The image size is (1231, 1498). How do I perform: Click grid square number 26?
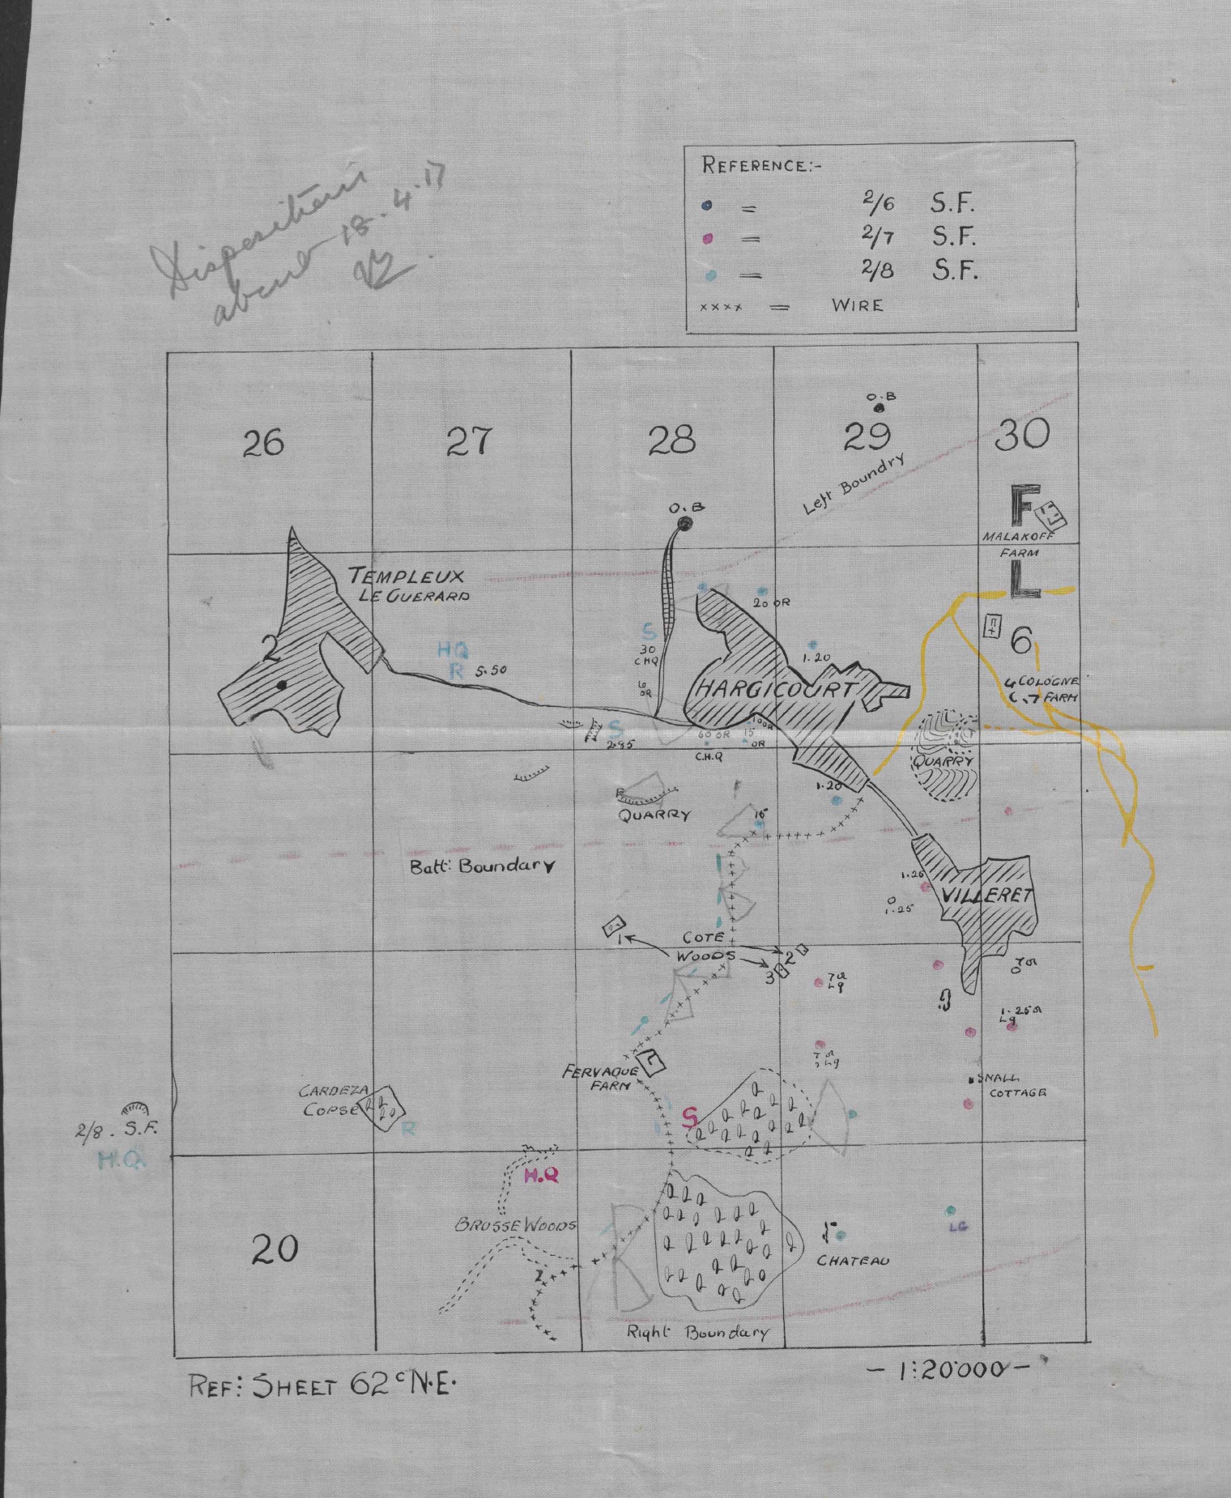pyautogui.click(x=263, y=443)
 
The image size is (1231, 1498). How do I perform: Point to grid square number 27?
pyautogui.click(x=468, y=441)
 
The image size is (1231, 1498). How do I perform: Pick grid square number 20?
pyautogui.click(x=275, y=1249)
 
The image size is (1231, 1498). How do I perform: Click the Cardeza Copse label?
pyautogui.click(x=329, y=1100)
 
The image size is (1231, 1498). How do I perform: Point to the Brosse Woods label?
pyautogui.click(x=515, y=1225)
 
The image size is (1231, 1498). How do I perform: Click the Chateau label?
pyautogui.click(x=852, y=1261)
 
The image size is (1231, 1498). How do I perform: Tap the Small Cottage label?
pyautogui.click(x=1012, y=1085)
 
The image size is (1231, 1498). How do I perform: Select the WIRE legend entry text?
pyautogui.click(x=857, y=306)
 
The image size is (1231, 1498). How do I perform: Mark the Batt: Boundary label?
pyautogui.click(x=483, y=866)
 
